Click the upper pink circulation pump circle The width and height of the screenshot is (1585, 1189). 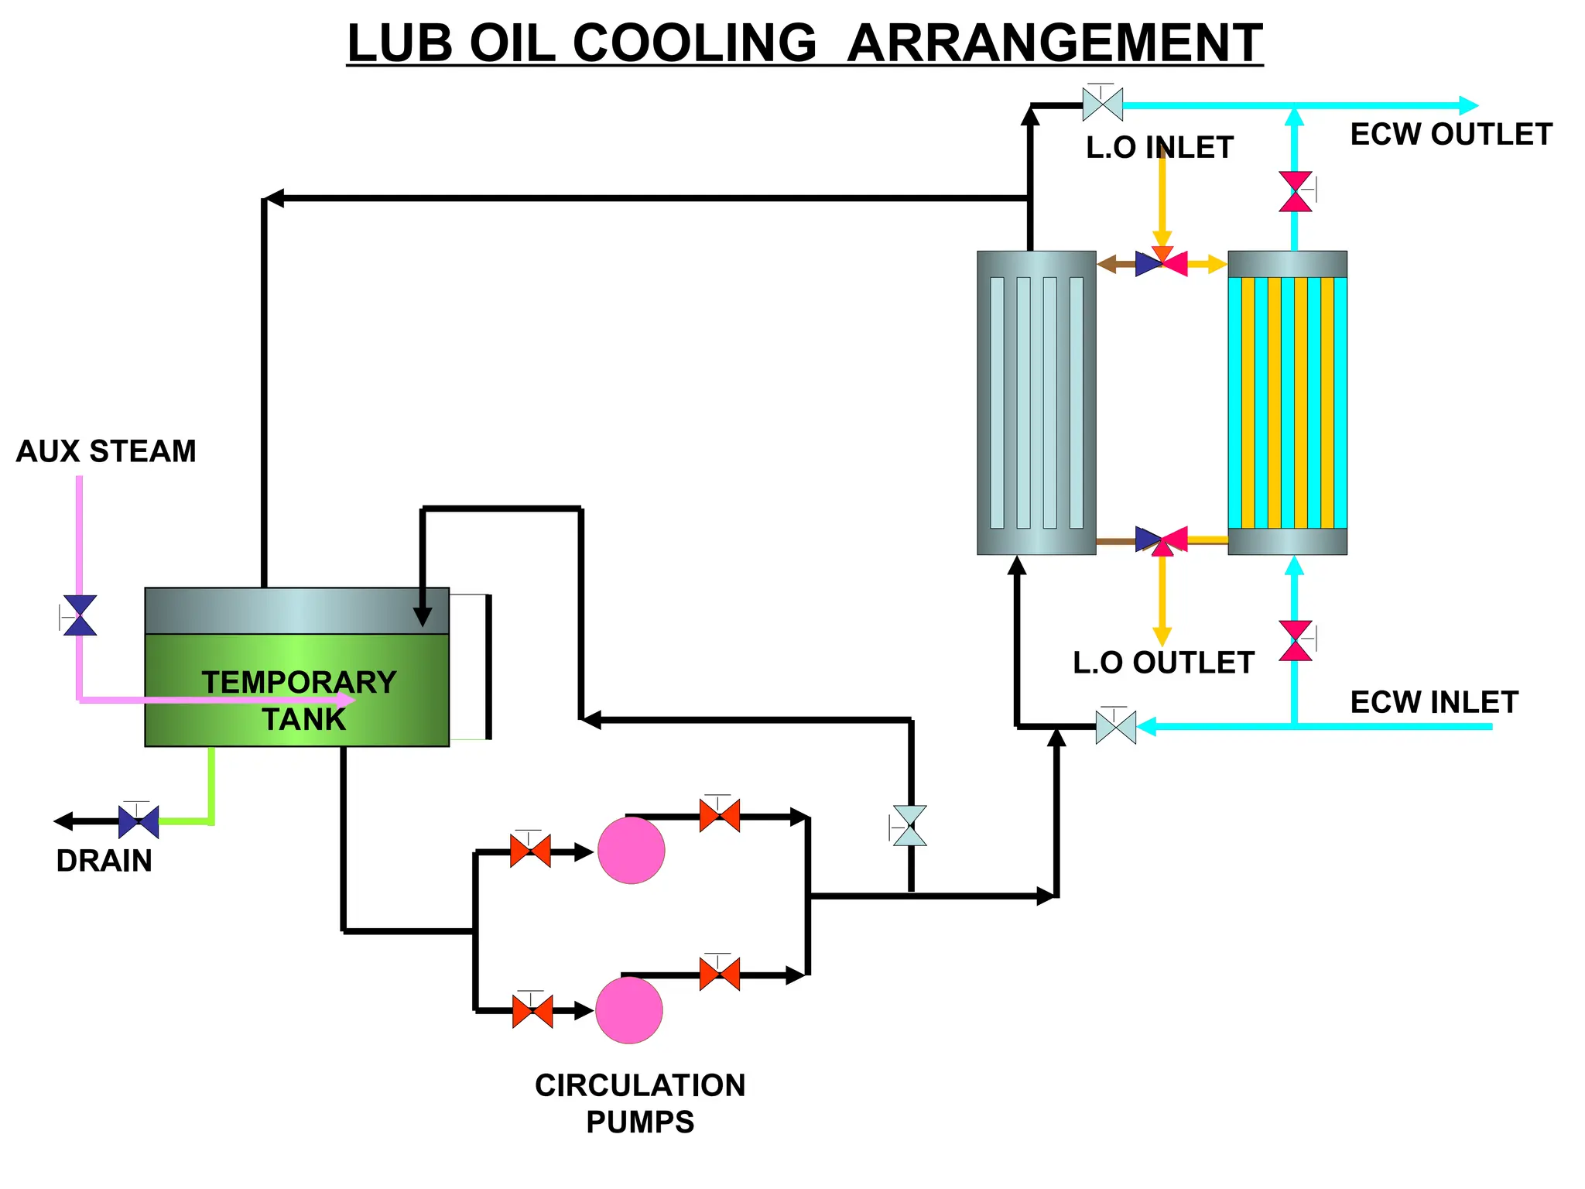tap(631, 850)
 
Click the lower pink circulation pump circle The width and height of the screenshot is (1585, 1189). tap(628, 1009)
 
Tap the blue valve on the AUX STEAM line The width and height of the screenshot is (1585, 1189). tap(80, 615)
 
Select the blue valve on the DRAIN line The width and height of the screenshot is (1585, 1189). tap(139, 821)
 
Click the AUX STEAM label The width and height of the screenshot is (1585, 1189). tap(106, 451)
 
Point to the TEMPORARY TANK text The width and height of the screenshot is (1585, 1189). tap(300, 700)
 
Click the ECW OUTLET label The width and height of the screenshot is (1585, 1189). tap(1450, 135)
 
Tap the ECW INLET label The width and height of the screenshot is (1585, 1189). tap(1433, 702)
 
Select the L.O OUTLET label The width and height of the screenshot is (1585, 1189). tap(1162, 663)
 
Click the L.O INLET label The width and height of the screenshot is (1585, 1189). tap(1159, 147)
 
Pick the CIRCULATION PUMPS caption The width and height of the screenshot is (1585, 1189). tap(640, 1103)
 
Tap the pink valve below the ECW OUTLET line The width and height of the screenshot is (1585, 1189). tap(1295, 191)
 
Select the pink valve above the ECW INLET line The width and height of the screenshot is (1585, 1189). tap(1295, 640)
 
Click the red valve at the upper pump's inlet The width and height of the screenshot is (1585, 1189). tap(530, 851)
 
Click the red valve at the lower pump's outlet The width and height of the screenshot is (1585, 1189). tap(719, 974)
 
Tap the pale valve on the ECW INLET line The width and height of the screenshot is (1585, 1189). tap(1115, 727)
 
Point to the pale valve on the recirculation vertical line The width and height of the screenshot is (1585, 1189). tap(909, 826)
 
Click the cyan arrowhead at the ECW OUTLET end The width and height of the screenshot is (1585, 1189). tap(1467, 105)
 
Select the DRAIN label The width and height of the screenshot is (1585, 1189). tap(104, 861)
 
